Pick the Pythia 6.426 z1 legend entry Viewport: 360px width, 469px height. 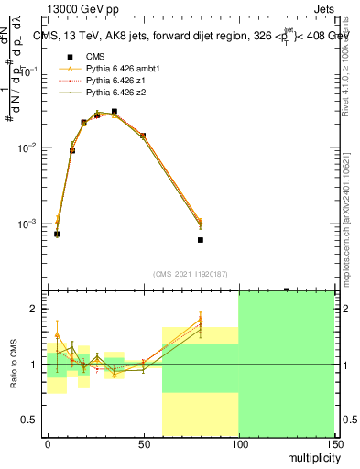pyautogui.click(x=109, y=81)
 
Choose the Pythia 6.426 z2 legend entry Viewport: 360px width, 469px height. pyautogui.click(x=109, y=93)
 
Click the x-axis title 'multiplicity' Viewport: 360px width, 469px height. pyautogui.click(x=308, y=456)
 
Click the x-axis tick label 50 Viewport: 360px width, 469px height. pyautogui.click(x=143, y=445)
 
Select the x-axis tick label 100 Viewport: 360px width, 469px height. pyautogui.click(x=238, y=445)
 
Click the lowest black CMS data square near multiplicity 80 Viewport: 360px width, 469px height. pyautogui.click(x=200, y=240)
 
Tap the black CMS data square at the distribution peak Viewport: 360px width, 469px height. pyautogui.click(x=114, y=112)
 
